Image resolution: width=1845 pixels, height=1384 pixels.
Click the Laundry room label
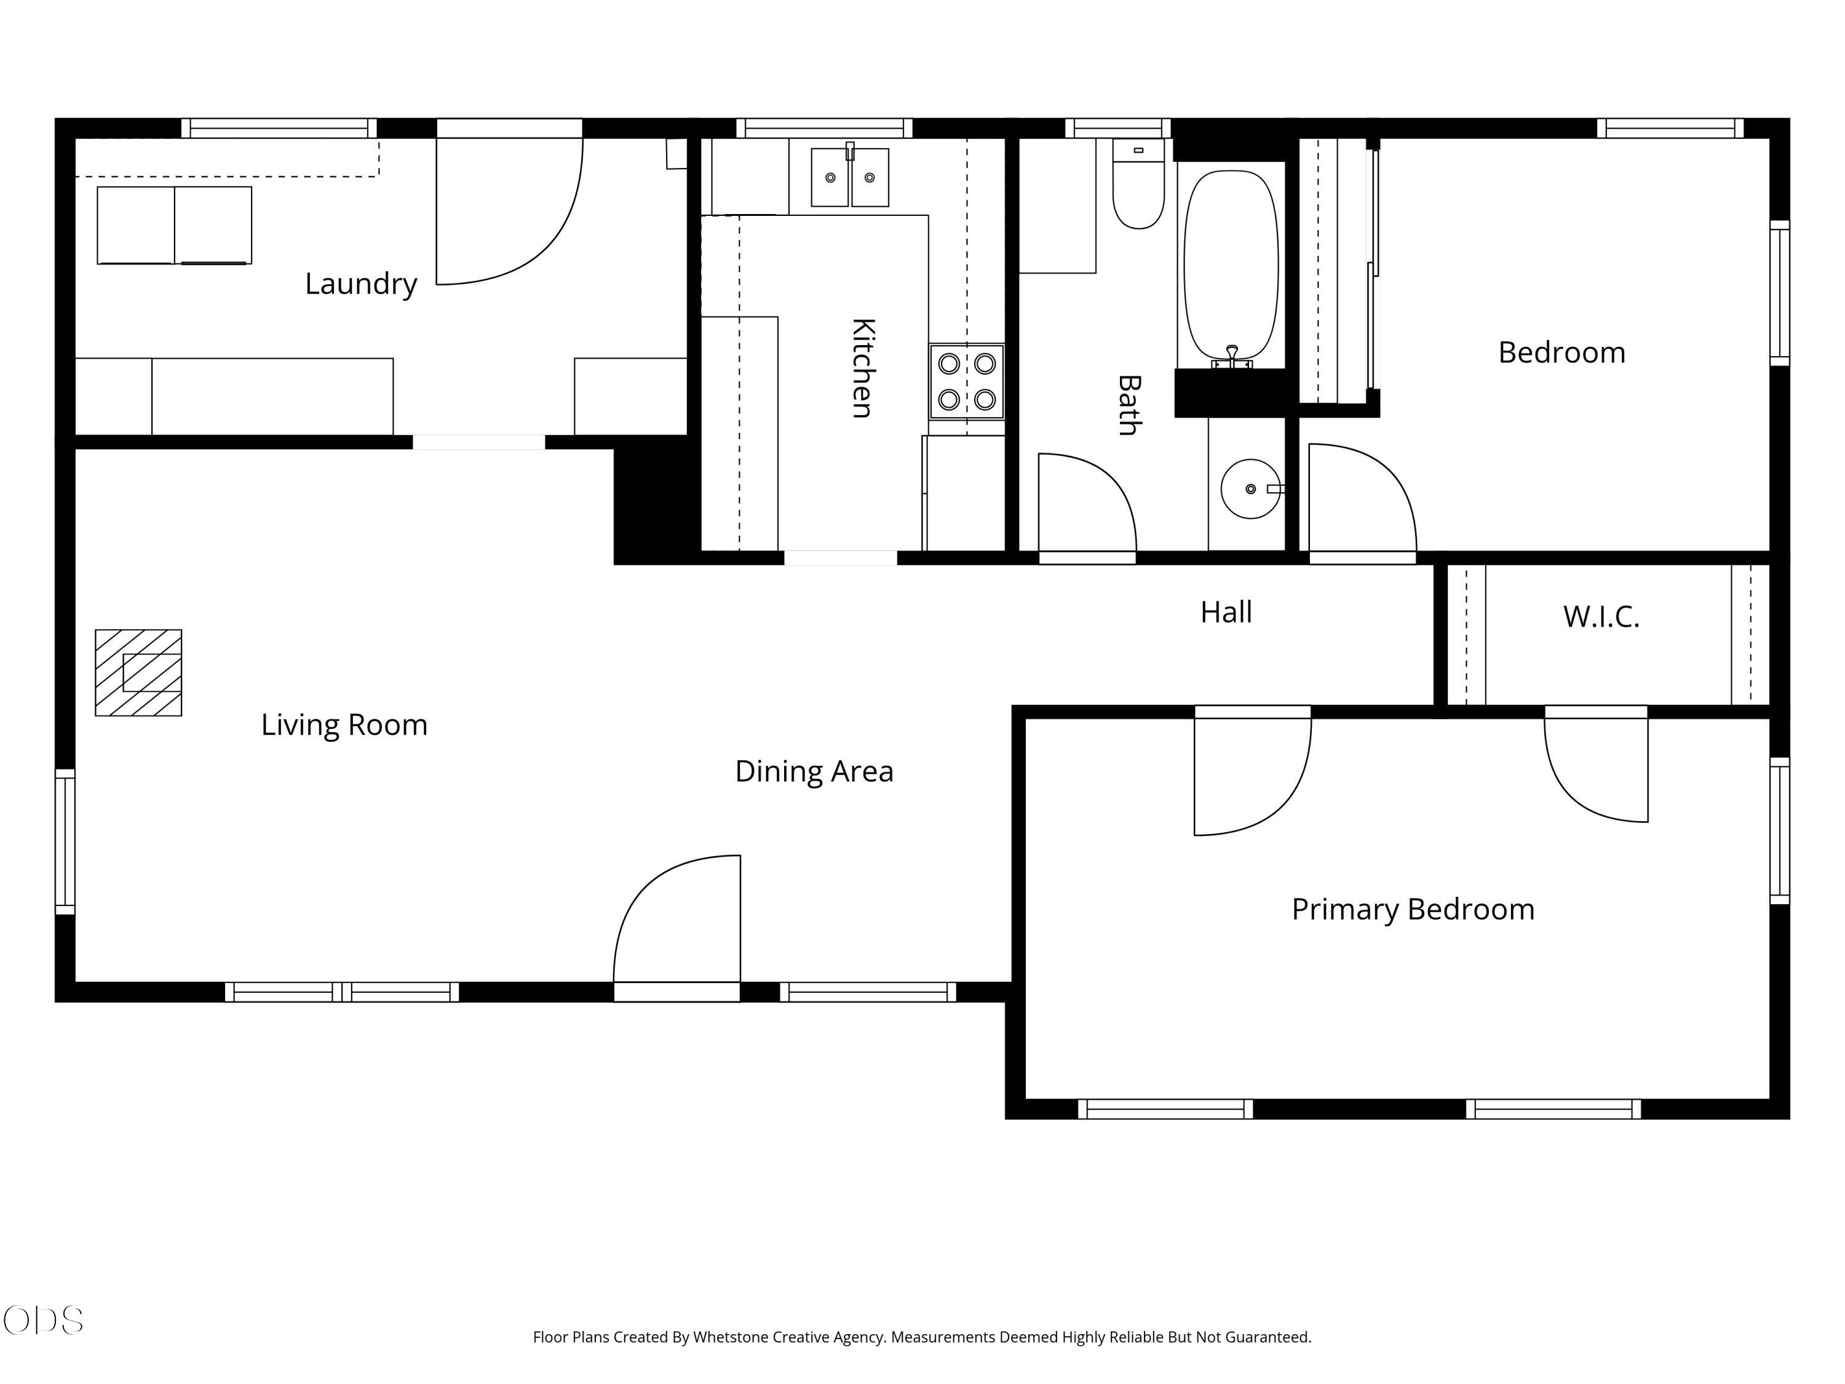coord(360,284)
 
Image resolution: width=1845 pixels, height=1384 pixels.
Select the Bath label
coord(1129,405)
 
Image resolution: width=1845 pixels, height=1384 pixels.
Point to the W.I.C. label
coord(1601,618)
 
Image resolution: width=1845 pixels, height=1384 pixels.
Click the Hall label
coord(1226,612)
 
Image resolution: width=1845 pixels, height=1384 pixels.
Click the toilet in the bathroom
coord(1138,183)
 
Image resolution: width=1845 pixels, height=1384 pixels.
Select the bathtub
coord(1231,267)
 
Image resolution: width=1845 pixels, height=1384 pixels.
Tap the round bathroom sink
coord(1250,489)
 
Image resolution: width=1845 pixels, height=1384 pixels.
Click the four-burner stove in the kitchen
coord(967,381)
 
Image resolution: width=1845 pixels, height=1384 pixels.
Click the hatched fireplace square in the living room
coord(138,672)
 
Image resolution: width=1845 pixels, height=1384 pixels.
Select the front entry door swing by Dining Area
coord(677,918)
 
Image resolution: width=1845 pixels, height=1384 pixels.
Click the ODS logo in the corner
coord(44,1321)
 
